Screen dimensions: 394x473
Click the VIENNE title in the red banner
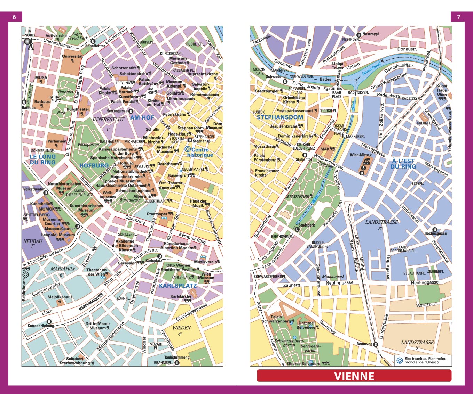point(354,376)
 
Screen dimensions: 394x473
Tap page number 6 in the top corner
point(14,17)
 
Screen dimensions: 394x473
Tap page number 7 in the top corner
point(458,17)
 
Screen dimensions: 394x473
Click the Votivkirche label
point(56,36)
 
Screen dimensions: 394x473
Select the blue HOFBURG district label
point(94,166)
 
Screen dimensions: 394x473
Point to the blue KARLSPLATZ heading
point(178,286)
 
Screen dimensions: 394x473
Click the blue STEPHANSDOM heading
point(280,117)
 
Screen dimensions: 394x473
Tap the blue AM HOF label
point(142,118)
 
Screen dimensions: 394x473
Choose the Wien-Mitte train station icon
point(366,161)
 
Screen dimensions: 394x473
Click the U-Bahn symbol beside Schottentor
point(93,41)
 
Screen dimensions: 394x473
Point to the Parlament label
point(56,141)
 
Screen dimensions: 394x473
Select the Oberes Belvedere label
point(303,364)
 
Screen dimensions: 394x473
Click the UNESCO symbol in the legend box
point(400,361)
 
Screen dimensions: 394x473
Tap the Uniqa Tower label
point(338,66)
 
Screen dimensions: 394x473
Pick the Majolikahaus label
point(60,297)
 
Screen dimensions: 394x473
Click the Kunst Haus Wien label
point(442,90)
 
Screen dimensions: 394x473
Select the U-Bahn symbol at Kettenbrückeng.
point(49,321)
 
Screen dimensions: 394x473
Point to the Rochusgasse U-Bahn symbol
point(434,230)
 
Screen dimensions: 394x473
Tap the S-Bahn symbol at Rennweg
point(376,344)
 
